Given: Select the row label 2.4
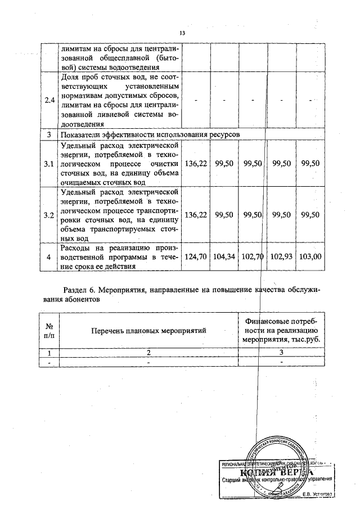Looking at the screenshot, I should pos(49,101).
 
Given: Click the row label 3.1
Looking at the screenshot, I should pos(49,163).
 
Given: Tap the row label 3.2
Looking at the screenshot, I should pos(49,215).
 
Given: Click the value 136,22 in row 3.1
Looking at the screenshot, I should pos(196,163).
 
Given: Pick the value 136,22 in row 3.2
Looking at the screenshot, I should pos(196,215).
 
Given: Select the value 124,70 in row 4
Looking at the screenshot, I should pos(196,256).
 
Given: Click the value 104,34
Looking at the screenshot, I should pos(224,256).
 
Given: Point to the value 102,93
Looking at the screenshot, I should pos(282,256).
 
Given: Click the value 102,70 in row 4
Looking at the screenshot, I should pos(253,256).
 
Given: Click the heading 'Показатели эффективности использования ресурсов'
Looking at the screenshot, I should pos(148,136).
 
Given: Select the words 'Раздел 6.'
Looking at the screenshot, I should pos(80,290).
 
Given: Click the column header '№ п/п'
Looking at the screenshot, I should pos(49,330).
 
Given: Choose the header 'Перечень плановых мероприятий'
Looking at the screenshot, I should pos(149,330).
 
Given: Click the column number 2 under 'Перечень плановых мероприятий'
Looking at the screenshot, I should pos(149,353).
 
